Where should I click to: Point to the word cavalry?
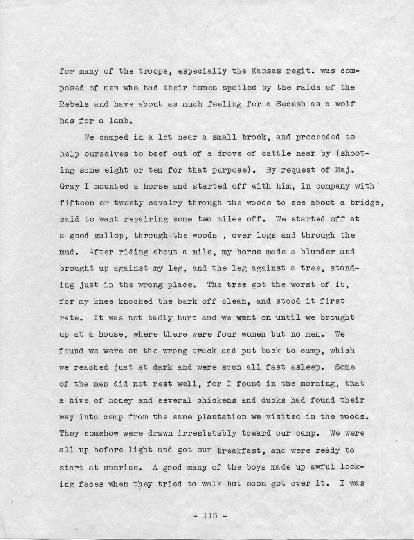coord(163,203)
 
